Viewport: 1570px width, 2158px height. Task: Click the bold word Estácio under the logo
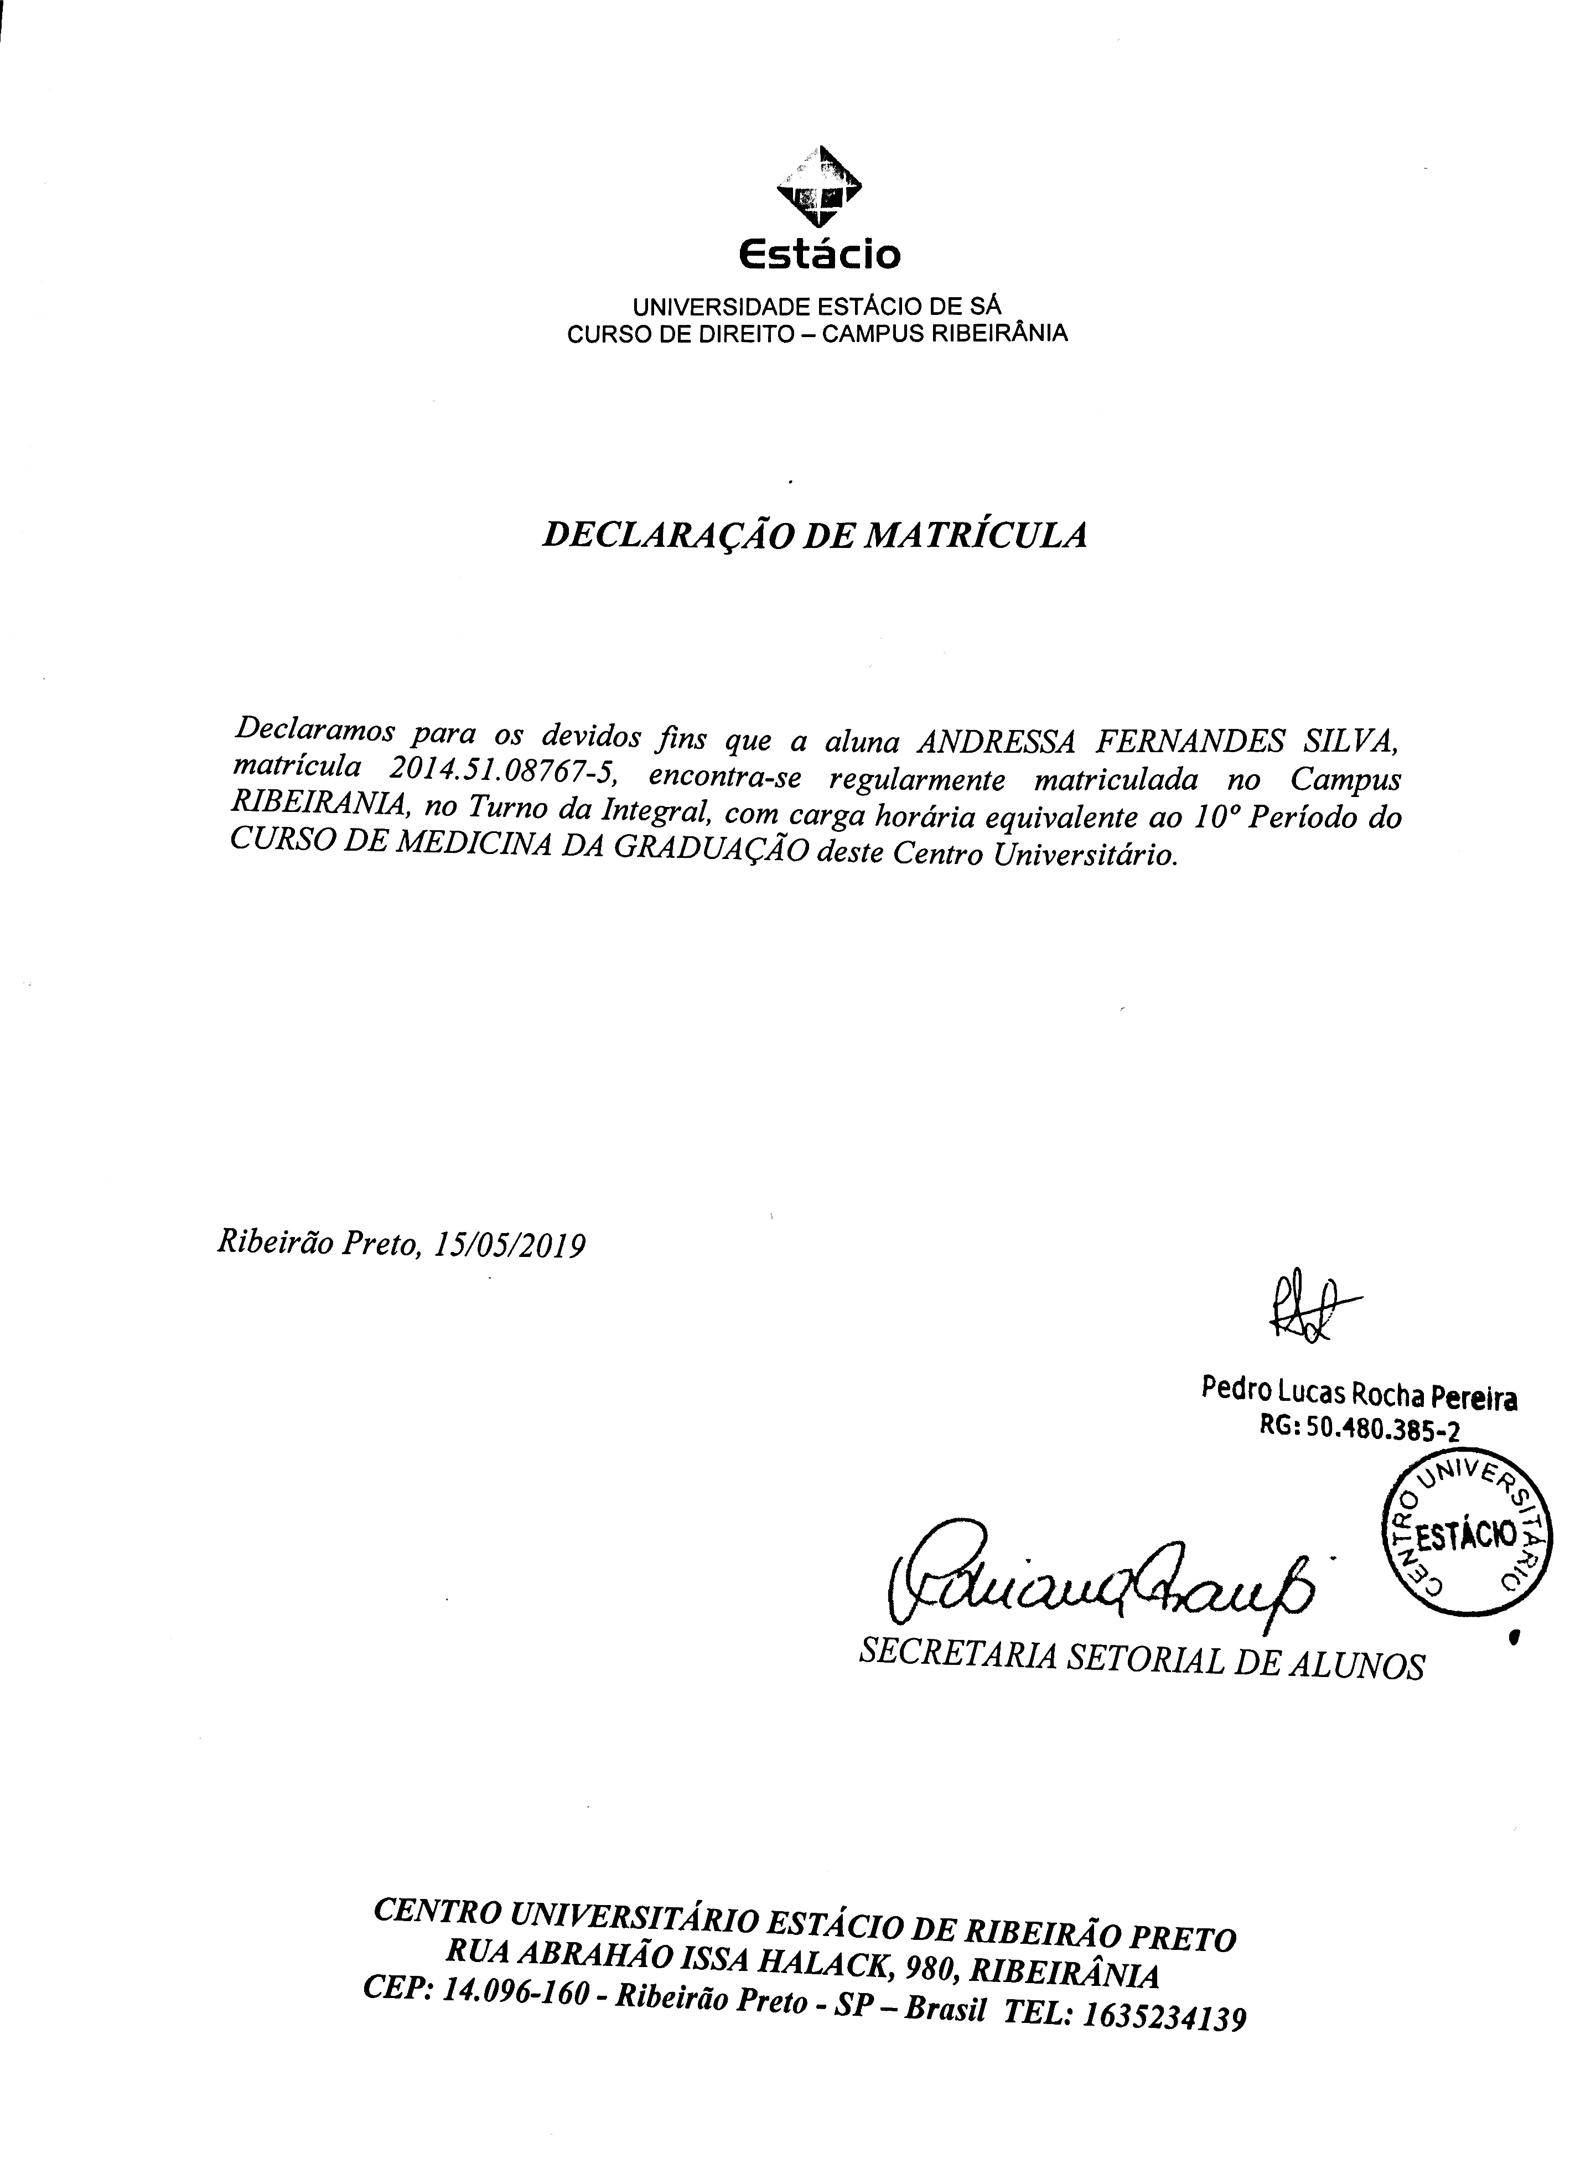pyautogui.click(x=819, y=255)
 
